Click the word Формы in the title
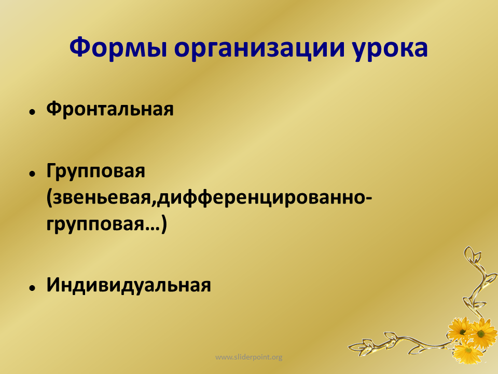coord(118,48)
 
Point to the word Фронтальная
coord(110,109)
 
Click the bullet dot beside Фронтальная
coord(32,112)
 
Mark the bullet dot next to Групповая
coord(32,173)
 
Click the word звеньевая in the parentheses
coord(101,198)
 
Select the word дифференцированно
coord(261,198)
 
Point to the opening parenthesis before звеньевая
coord(49,198)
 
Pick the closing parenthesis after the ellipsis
coord(163,225)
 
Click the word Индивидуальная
coord(129,285)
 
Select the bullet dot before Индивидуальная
coord(32,288)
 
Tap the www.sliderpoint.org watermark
coord(248,357)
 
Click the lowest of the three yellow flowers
coord(468,352)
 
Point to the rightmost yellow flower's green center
coord(481,333)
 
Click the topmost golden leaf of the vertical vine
coord(469,253)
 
